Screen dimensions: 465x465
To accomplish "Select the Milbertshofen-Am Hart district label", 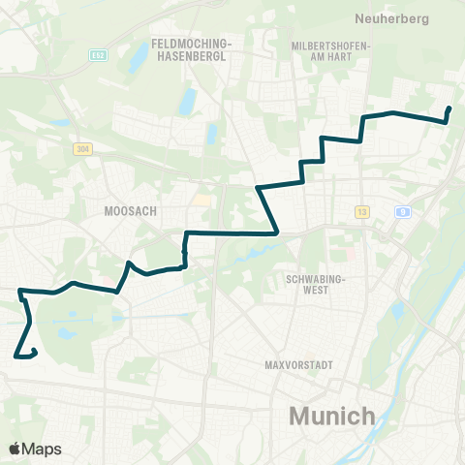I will click(x=325, y=50).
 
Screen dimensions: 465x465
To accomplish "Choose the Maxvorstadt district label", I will click(x=298, y=365).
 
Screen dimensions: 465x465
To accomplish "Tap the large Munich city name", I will click(x=332, y=417).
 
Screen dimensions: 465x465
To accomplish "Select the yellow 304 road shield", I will click(x=81, y=148).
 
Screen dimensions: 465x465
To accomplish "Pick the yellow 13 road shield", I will click(x=362, y=211).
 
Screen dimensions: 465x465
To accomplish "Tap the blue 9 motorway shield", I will click(x=401, y=211).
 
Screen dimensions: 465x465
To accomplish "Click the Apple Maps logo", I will click(x=35, y=449).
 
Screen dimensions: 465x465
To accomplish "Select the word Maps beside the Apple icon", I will click(x=43, y=449).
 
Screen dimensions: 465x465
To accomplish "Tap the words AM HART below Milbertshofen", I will click(x=325, y=56).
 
